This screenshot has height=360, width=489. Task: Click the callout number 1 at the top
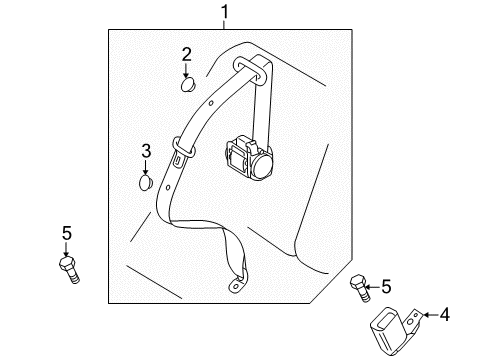[225, 12]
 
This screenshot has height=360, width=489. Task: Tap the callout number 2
[187, 54]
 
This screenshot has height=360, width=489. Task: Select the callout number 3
[146, 151]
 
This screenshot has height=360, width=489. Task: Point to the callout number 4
[445, 315]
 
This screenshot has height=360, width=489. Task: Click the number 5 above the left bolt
[67, 233]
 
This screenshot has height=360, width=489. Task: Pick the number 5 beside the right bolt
[386, 286]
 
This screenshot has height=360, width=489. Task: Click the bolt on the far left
[69, 270]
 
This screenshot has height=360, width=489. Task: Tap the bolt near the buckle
[360, 288]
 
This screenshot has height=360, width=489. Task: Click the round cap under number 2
[188, 84]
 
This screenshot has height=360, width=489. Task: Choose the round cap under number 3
[146, 183]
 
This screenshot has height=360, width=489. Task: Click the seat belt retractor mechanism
[249, 158]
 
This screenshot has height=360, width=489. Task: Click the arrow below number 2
[186, 70]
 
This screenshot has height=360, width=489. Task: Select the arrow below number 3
[145, 167]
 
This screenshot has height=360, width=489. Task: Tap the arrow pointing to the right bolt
[373, 287]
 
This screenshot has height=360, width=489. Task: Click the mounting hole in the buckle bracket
[411, 321]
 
